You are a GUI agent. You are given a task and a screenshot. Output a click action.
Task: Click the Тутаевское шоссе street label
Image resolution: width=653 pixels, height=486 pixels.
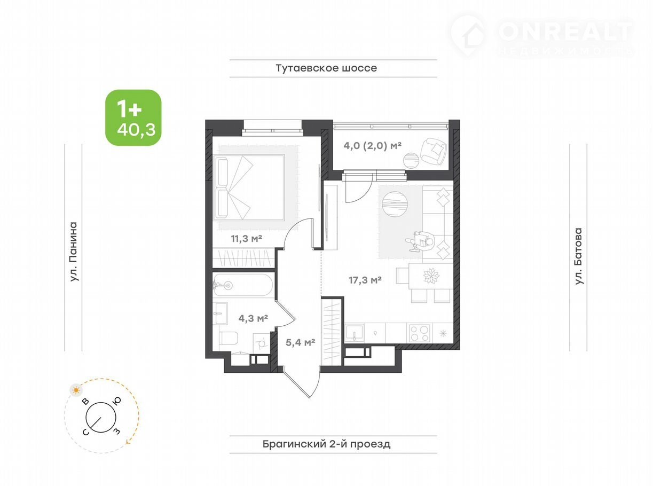click(x=326, y=68)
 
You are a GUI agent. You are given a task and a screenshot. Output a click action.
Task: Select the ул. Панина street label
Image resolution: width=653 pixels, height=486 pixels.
click(x=74, y=252)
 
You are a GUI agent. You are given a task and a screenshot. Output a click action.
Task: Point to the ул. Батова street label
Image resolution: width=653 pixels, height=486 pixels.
click(x=579, y=256)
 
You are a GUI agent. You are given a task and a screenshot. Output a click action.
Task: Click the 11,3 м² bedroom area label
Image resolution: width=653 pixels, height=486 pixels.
click(x=247, y=239)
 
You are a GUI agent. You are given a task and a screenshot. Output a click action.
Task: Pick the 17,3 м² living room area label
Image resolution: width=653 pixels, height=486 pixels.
click(x=365, y=280)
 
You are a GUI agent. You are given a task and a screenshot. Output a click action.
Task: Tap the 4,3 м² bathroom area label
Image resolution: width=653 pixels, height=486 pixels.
click(x=253, y=318)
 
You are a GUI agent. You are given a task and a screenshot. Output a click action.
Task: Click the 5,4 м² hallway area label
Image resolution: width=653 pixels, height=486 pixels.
click(x=300, y=342)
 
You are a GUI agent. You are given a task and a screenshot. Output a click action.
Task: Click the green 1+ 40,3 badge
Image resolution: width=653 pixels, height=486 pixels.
click(x=133, y=117)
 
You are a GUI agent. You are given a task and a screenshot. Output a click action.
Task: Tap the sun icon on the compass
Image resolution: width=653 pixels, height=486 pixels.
click(x=76, y=390)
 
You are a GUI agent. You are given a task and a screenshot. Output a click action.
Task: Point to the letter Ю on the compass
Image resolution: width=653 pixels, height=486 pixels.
click(x=117, y=401)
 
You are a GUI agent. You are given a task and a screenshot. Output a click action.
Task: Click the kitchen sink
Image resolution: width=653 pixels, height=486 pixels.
click(x=355, y=333)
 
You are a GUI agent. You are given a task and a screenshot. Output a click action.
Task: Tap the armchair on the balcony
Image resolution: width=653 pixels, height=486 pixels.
click(x=433, y=151)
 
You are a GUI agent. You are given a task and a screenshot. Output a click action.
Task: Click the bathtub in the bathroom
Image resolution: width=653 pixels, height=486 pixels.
click(x=242, y=285)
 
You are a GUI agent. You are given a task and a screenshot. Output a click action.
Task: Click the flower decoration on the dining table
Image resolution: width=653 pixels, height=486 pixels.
click(x=431, y=276)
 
